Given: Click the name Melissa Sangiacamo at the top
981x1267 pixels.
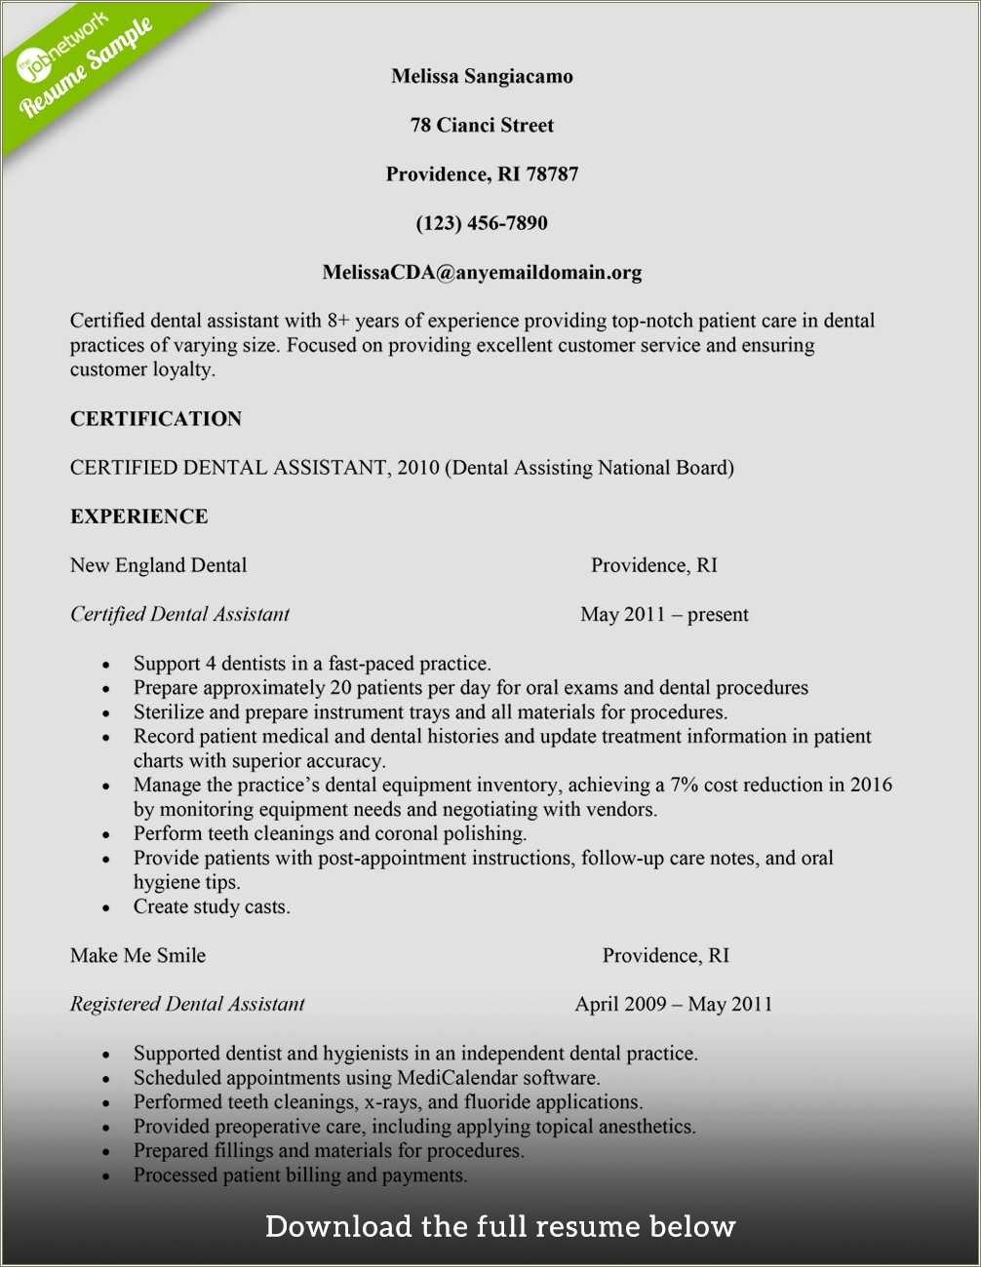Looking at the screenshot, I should (482, 76).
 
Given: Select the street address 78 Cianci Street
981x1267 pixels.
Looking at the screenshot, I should (482, 125).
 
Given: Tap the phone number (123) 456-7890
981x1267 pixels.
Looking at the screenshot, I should (482, 223).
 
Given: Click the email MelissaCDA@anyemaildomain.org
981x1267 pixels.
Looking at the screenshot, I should (482, 273).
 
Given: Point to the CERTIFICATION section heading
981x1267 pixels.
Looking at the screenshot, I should (156, 419).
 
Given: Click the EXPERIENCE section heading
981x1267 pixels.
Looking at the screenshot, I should (138, 517).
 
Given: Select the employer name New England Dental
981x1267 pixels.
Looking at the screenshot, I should (158, 565).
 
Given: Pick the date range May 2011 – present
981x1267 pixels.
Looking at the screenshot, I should (664, 615).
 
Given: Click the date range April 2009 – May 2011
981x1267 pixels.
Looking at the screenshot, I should (673, 1004).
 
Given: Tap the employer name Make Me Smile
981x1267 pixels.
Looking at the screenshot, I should (137, 955).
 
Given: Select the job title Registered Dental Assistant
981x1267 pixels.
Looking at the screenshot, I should (187, 1004).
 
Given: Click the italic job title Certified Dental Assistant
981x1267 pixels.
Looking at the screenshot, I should (179, 614).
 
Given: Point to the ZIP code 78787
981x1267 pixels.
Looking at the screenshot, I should (553, 174).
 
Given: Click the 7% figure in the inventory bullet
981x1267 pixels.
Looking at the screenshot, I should (684, 785).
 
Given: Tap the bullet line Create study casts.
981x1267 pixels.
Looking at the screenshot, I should (212, 906).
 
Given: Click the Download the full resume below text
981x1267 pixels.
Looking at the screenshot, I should (499, 1226).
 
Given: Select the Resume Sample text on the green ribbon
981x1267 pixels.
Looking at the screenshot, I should (88, 66).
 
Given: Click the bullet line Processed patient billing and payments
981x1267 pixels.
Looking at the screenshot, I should (300, 1175).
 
